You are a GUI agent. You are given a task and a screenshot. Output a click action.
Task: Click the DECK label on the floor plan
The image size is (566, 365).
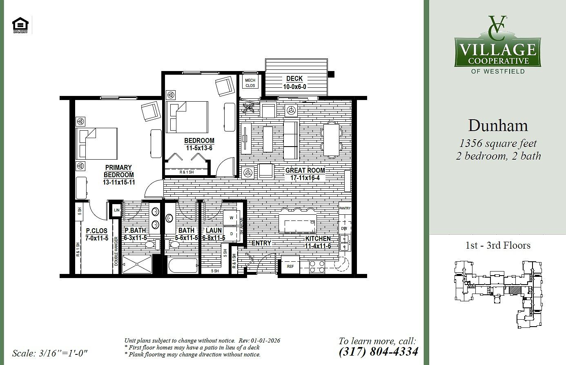294,78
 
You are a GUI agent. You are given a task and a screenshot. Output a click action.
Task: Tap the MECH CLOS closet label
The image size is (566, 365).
250,83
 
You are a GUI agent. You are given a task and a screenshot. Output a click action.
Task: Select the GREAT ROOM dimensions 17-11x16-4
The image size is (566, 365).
305,178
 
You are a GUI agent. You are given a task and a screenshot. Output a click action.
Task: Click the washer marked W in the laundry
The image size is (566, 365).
232,218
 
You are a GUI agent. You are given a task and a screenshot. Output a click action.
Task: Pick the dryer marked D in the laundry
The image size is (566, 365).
232,234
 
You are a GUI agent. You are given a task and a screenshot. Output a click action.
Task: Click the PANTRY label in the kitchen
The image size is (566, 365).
345,208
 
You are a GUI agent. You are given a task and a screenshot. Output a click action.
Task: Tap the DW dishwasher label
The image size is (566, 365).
344,228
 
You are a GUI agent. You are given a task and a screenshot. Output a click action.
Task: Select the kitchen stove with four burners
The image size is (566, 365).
317,267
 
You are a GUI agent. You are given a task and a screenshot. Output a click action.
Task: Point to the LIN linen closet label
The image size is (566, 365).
116,210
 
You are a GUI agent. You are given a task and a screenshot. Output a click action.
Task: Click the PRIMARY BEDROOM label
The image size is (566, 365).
118,171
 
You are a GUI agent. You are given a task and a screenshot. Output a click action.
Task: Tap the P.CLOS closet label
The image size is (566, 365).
97,231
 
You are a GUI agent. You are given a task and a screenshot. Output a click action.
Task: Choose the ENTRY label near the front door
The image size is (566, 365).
261,243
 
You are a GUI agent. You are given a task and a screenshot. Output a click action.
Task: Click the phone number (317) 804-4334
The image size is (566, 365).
378,351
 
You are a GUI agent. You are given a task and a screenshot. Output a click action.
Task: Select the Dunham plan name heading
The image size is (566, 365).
498,125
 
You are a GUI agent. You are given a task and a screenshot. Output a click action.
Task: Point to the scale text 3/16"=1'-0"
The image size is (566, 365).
50,353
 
